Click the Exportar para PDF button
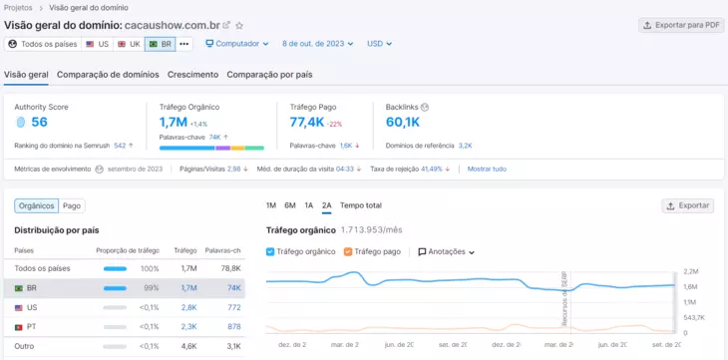point(682,24)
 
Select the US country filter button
point(97,44)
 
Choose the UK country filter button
point(128,44)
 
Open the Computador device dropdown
point(237,44)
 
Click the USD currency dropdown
point(379,44)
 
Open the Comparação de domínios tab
point(108,75)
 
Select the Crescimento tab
point(193,75)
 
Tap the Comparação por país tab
point(269,75)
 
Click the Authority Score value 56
point(39,122)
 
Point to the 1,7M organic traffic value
point(173,122)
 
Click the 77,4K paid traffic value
point(306,122)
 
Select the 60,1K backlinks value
point(403,122)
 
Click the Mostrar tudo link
point(487,169)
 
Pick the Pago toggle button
point(72,205)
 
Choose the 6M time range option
point(290,205)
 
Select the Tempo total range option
point(360,205)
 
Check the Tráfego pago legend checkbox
point(348,252)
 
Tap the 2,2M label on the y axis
point(691,271)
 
